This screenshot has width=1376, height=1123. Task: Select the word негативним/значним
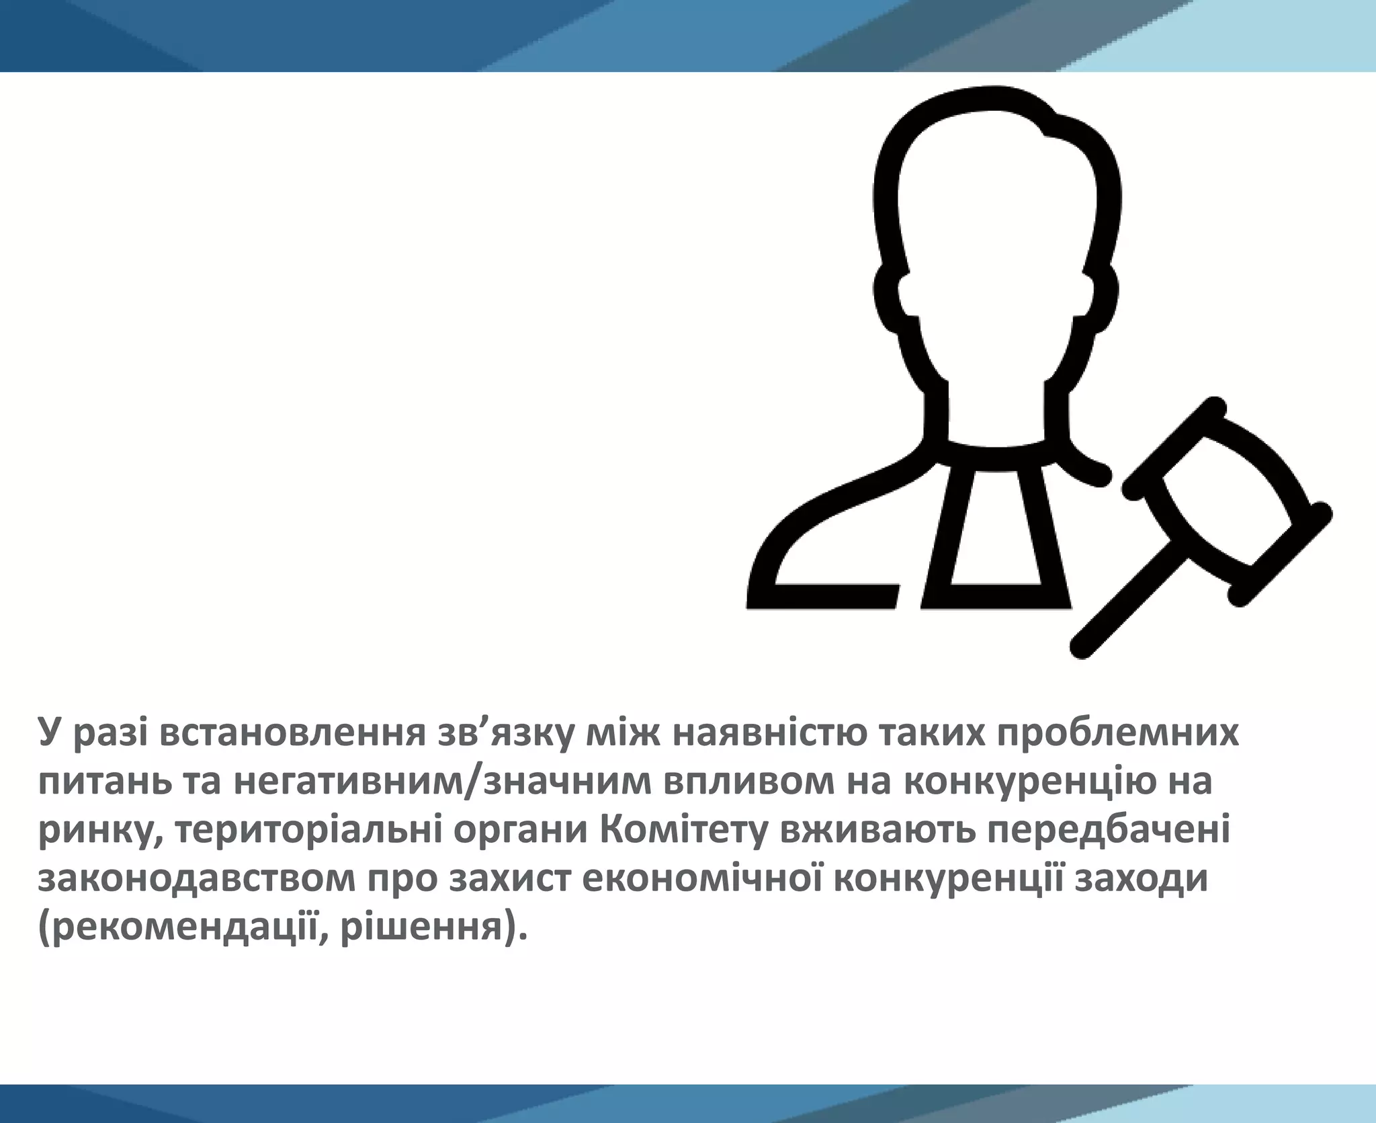[x=443, y=782]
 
